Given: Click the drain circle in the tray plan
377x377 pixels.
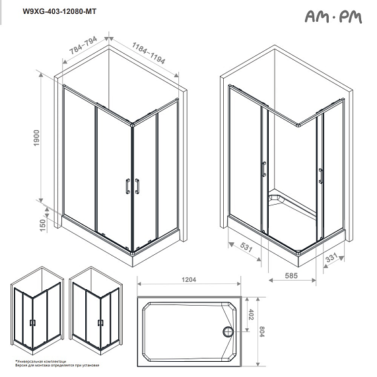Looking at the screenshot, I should click(228, 331).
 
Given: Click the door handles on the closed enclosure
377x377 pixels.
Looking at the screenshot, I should click(133, 186).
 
